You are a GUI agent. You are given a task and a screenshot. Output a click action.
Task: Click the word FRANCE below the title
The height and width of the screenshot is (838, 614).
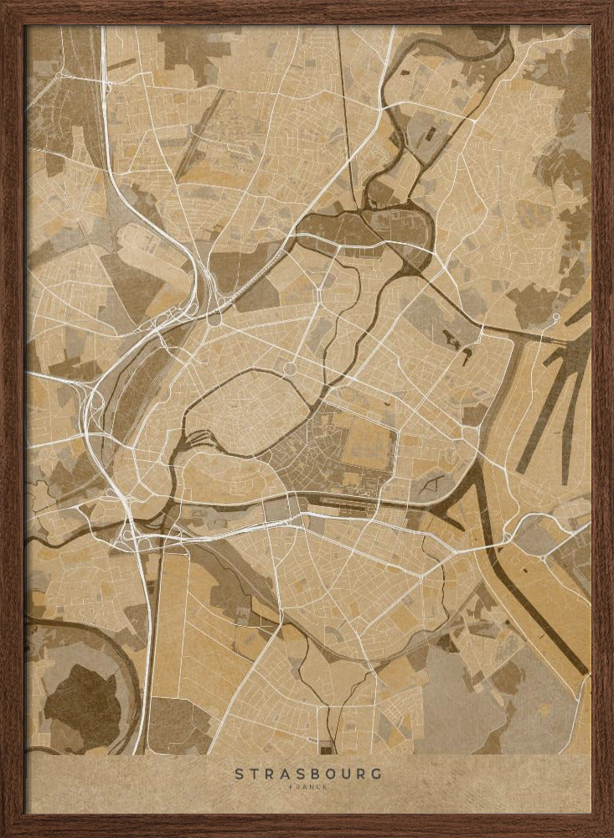(307, 787)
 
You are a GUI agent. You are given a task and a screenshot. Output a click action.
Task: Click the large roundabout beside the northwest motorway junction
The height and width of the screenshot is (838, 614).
(214, 319)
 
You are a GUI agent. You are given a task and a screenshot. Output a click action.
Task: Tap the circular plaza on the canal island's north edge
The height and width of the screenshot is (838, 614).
(291, 368)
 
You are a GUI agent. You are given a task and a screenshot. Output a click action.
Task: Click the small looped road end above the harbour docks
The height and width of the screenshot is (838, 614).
(555, 317)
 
